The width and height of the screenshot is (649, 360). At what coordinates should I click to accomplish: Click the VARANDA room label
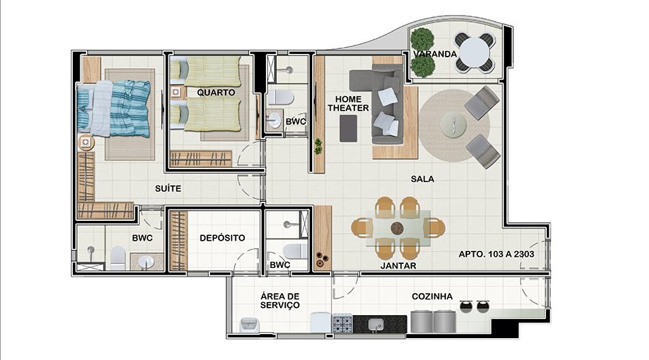click(435, 55)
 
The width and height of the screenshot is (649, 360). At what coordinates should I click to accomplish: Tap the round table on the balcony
click(474, 51)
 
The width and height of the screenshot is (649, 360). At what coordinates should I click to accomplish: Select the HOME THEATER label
click(348, 104)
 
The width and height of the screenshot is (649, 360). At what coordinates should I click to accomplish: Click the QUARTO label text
click(215, 92)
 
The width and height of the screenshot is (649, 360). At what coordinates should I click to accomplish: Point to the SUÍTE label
click(168, 189)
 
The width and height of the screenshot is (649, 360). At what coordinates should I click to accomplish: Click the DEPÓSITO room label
click(222, 238)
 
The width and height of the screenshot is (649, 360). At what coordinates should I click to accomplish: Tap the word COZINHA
click(432, 297)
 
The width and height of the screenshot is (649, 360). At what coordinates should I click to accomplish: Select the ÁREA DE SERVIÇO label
click(280, 301)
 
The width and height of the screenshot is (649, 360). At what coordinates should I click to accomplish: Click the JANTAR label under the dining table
click(398, 266)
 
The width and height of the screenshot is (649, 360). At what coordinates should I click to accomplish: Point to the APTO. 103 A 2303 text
click(496, 254)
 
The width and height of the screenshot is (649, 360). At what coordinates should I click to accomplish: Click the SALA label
click(422, 179)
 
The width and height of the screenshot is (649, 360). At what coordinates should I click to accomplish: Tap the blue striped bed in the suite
click(114, 108)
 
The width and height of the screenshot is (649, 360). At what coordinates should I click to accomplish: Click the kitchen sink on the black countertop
click(376, 324)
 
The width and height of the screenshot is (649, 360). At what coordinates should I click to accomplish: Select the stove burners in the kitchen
click(342, 323)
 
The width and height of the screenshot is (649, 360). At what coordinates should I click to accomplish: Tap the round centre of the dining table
click(397, 228)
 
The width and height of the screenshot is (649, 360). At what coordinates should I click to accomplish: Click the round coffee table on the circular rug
click(453, 125)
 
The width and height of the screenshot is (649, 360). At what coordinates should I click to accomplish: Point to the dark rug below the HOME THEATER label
click(348, 129)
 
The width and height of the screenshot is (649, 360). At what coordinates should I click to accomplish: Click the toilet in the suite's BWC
click(117, 258)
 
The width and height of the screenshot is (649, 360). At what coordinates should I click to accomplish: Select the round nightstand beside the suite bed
click(86, 142)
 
